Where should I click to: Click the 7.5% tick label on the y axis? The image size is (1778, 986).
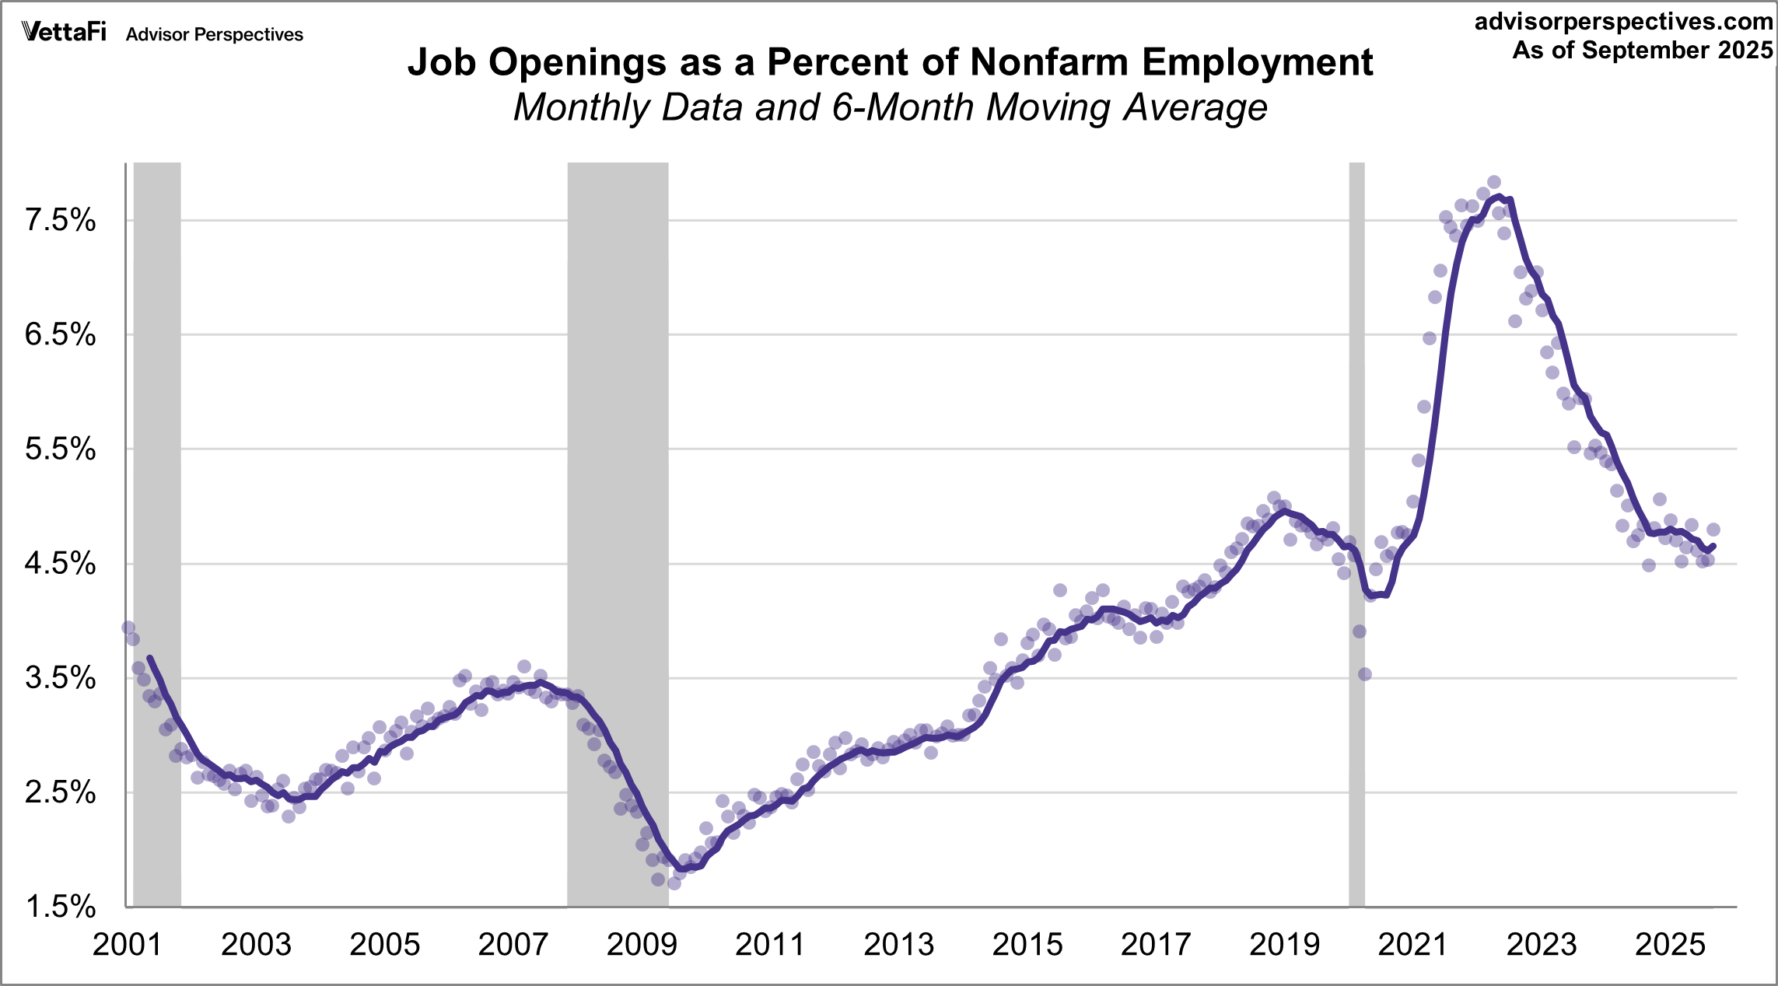pyautogui.click(x=61, y=221)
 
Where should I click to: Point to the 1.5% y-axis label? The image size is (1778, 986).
pyautogui.click(x=61, y=907)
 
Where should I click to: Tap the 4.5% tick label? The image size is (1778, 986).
pyautogui.click(x=61, y=564)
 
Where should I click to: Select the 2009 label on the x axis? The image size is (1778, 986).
pyautogui.click(x=642, y=945)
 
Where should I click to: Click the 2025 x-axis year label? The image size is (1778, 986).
pyautogui.click(x=1670, y=945)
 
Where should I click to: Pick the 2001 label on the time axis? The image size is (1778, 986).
pyautogui.click(x=127, y=945)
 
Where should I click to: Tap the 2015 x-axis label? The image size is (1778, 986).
pyautogui.click(x=1027, y=945)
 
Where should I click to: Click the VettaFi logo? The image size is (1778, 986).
pyautogui.click(x=64, y=32)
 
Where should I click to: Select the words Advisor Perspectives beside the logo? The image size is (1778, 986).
pyautogui.click(x=215, y=35)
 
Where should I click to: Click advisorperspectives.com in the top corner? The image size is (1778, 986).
pyautogui.click(x=1624, y=22)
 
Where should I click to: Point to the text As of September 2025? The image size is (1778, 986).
pyautogui.click(x=1643, y=50)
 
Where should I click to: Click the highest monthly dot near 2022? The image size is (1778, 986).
pyautogui.click(x=1493, y=183)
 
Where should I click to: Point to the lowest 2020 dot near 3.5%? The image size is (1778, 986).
pyautogui.click(x=1364, y=674)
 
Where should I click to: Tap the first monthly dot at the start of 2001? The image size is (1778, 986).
pyautogui.click(x=128, y=628)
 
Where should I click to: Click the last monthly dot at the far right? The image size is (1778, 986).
pyautogui.click(x=1713, y=530)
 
